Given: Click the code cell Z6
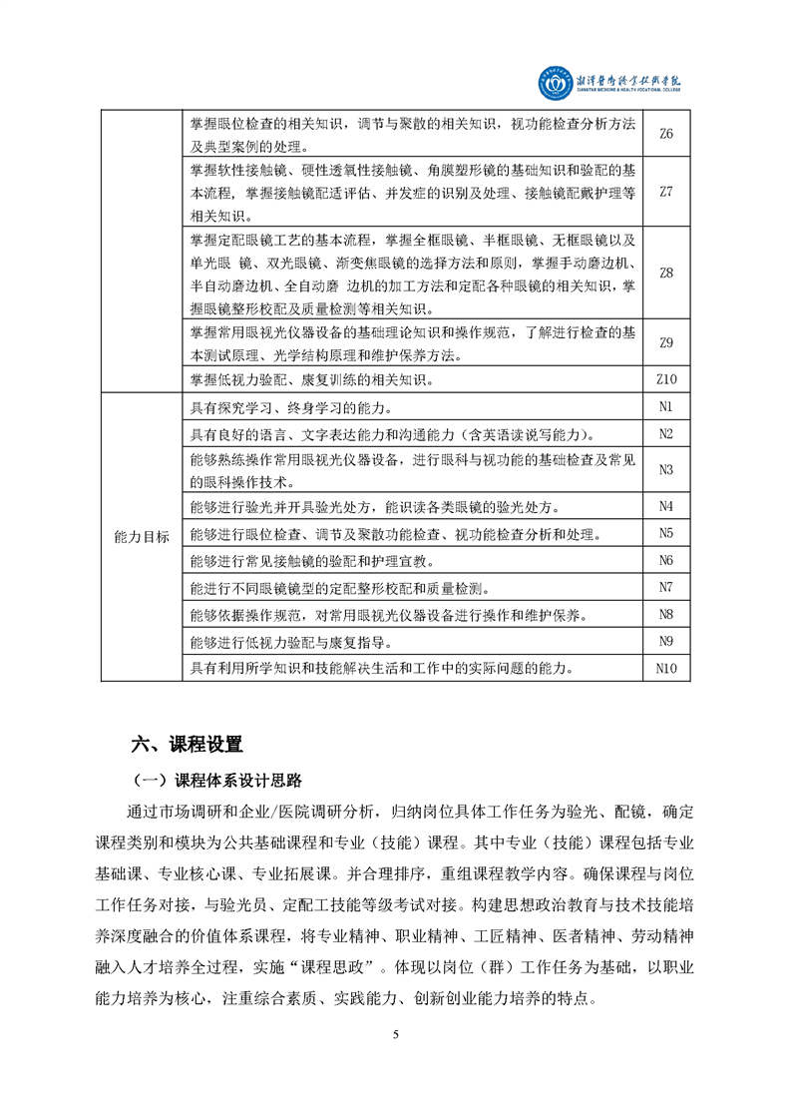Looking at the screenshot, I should (666, 134).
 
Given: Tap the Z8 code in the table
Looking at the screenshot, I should (666, 273).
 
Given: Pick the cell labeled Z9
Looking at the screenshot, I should (666, 343).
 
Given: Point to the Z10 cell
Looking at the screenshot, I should (666, 379).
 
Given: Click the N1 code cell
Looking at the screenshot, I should (666, 406).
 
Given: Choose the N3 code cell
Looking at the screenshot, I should (666, 469).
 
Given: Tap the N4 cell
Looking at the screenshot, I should (666, 505).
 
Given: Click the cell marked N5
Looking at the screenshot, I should (666, 533).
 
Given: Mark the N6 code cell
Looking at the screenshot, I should (666, 560).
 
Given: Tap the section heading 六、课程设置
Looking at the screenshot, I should (188, 744).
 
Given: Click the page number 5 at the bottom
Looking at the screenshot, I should (396, 1033).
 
